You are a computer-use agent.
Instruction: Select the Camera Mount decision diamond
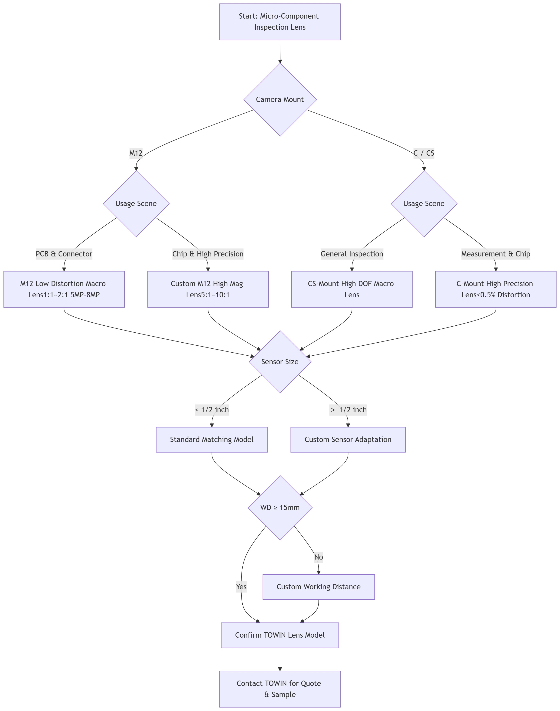[x=280, y=99]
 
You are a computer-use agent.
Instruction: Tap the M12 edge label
[x=136, y=153]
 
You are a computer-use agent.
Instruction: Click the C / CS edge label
[x=424, y=153]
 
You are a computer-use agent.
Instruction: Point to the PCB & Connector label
[x=64, y=254]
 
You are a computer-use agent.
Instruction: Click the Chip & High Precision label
[x=208, y=254]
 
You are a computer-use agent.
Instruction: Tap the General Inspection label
[x=352, y=254]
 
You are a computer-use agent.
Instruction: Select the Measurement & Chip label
[x=495, y=254]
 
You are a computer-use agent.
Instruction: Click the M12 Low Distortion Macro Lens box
[x=64, y=289]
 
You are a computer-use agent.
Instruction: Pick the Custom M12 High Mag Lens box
[x=208, y=289]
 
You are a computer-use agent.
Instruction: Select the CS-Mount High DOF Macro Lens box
[x=352, y=289]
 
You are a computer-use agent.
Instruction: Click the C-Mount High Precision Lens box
[x=496, y=289]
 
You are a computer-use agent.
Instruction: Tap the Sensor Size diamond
[x=280, y=362]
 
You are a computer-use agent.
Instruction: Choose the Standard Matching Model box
[x=212, y=440]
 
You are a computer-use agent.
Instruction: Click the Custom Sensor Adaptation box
[x=348, y=440]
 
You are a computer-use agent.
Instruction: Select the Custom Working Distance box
[x=318, y=587]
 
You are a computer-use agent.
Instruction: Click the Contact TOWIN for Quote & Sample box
[x=280, y=689]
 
